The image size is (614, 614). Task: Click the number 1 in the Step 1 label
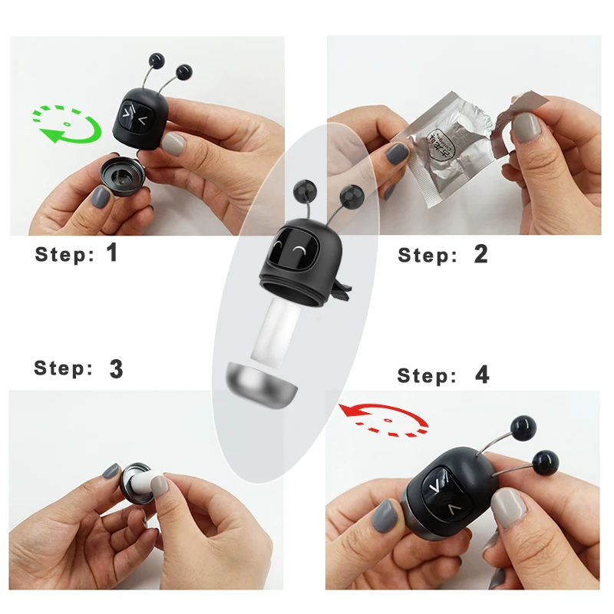[x=112, y=253]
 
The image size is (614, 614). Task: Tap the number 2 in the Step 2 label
[x=480, y=254]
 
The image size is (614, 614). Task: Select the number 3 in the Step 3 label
[x=116, y=369]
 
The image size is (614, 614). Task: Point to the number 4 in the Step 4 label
[x=481, y=375]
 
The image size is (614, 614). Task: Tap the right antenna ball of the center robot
[x=350, y=195]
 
